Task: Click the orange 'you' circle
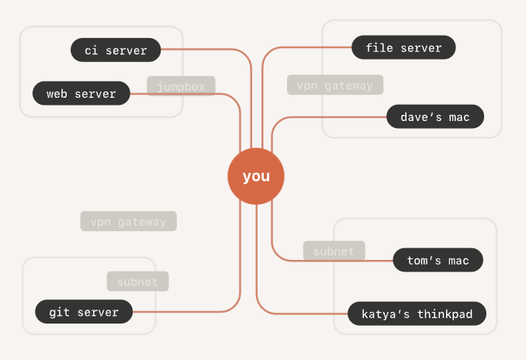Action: (x=256, y=176)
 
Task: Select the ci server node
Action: (x=116, y=50)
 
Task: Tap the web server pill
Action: (x=81, y=93)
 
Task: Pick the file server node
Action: (x=403, y=47)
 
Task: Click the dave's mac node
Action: (x=435, y=116)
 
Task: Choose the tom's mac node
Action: (x=438, y=260)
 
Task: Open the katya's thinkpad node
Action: (x=417, y=313)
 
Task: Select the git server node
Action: (x=84, y=312)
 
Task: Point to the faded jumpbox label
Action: (x=181, y=86)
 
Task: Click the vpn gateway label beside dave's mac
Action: (x=335, y=85)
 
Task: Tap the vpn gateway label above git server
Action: (x=129, y=221)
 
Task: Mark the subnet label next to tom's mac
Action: (x=334, y=251)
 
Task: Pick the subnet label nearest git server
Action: (x=138, y=281)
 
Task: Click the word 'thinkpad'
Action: (x=445, y=314)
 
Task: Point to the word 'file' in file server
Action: (x=379, y=47)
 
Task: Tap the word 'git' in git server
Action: (x=60, y=313)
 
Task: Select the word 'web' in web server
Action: (x=57, y=94)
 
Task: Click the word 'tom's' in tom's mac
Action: (x=424, y=261)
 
